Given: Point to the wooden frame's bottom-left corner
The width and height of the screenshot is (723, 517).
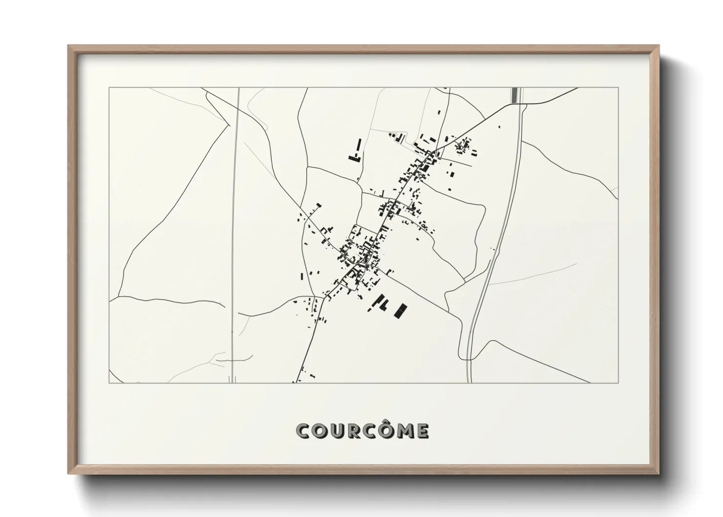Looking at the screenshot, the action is (69, 474).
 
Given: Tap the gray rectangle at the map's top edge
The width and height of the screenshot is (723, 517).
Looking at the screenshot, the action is (514, 95).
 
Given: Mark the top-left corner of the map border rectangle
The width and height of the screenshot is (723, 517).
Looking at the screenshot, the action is (109, 88).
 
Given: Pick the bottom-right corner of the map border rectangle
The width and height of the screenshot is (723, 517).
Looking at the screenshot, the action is (618, 383).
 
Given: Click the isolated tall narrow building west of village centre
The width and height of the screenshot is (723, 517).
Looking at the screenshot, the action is (301, 276).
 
